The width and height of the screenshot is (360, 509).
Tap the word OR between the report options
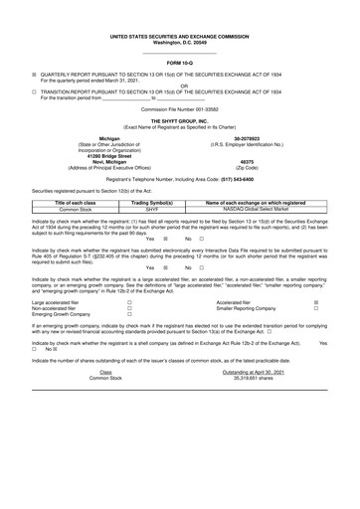coord(179,85)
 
